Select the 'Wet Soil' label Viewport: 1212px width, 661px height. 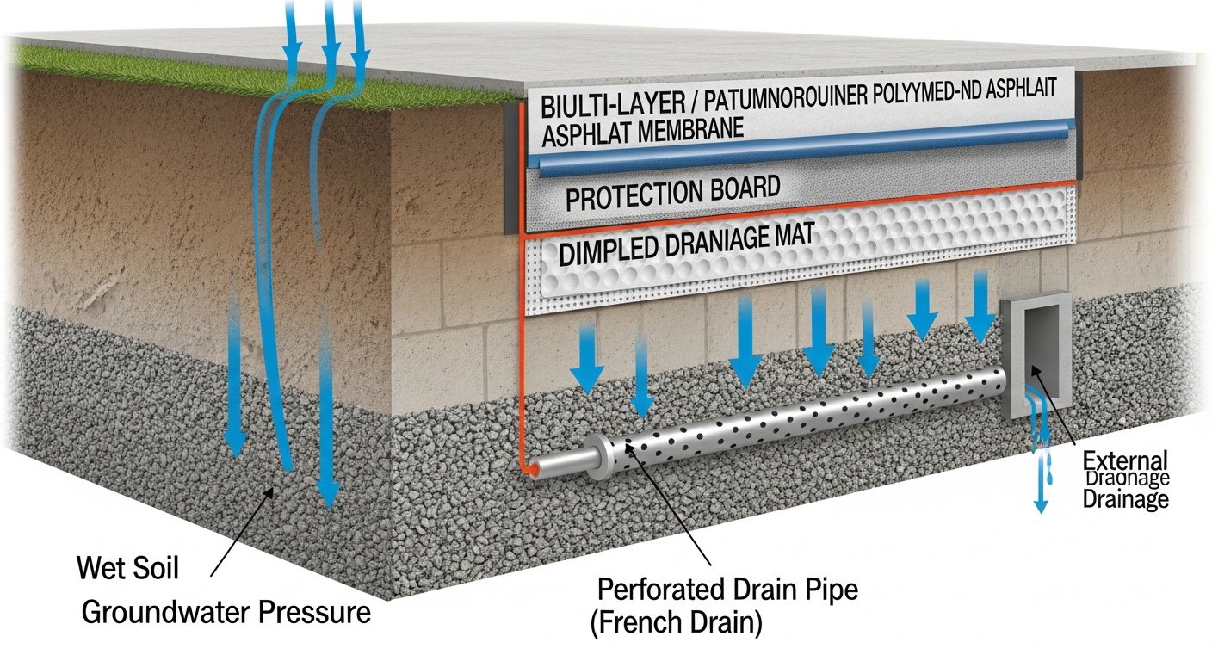[127, 569]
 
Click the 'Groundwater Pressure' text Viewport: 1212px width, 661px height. [226, 613]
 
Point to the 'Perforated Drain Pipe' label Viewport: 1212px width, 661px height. [727, 592]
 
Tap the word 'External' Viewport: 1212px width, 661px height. [1125, 460]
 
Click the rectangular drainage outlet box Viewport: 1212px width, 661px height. [1036, 353]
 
